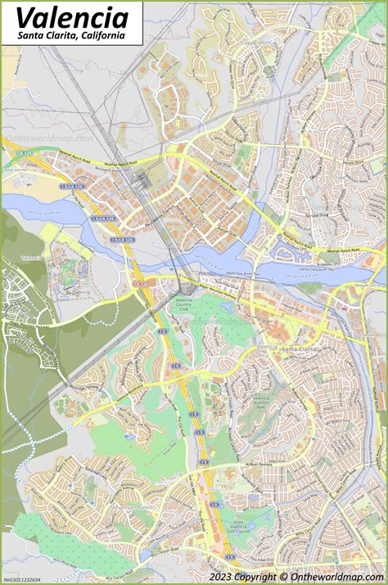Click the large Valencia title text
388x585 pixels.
pos(72,17)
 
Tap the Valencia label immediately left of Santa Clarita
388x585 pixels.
pos(266,347)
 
